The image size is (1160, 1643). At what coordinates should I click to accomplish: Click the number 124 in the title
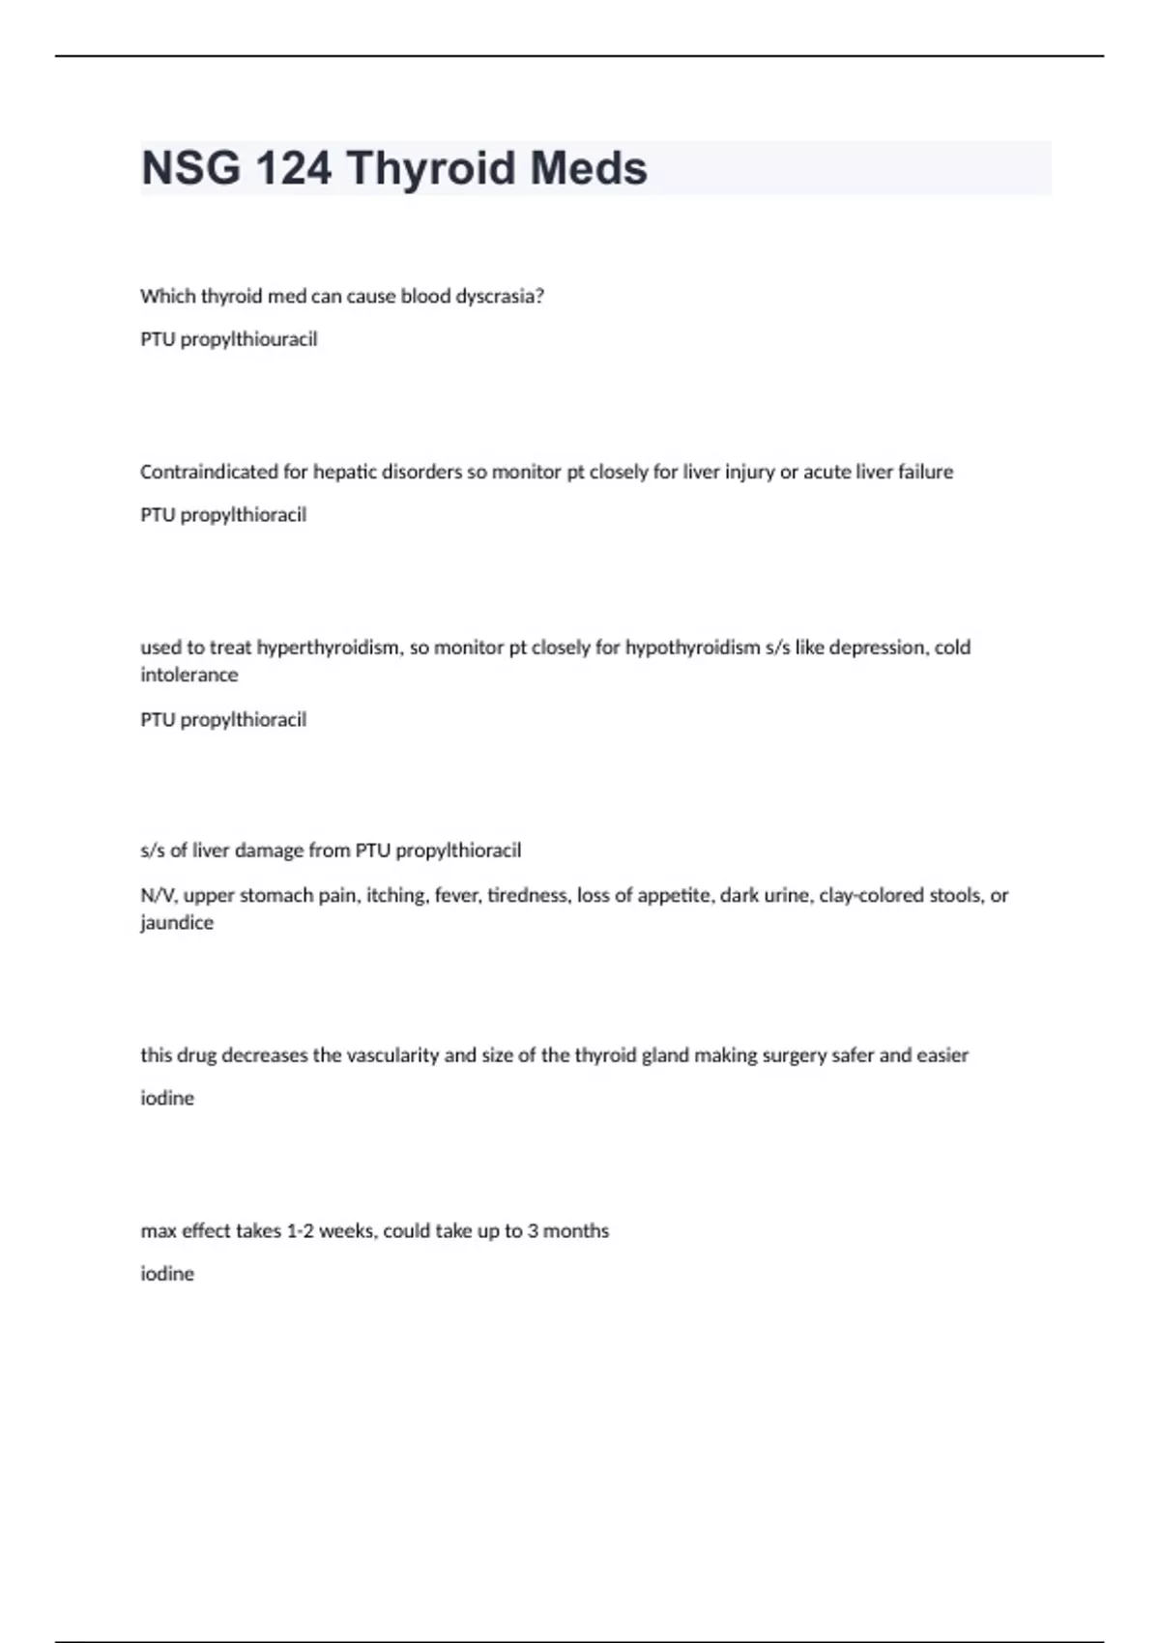pos(293,168)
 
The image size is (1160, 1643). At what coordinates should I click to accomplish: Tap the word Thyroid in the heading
pos(431,168)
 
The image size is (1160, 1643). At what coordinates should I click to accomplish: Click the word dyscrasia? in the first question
pos(500,297)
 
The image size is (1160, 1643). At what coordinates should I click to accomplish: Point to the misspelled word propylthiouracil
pos(248,339)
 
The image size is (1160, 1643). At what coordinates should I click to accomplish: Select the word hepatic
pos(345,472)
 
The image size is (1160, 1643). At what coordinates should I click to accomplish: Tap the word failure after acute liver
pos(925,472)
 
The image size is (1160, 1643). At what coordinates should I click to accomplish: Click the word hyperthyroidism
pos(328,648)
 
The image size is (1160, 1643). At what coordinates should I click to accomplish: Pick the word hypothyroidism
pos(692,648)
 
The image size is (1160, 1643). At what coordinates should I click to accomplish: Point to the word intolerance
pos(188,675)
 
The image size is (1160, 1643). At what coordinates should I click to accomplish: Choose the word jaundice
pos(177,922)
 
